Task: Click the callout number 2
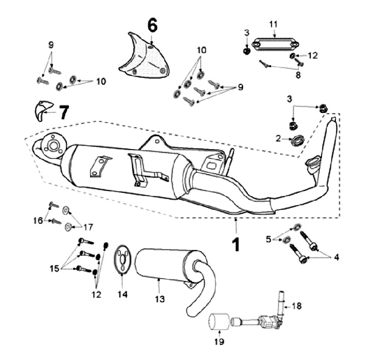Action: pyautogui.click(x=278, y=138)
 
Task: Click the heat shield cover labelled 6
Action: pyautogui.click(x=141, y=57)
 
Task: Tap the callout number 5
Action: pyautogui.click(x=268, y=238)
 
